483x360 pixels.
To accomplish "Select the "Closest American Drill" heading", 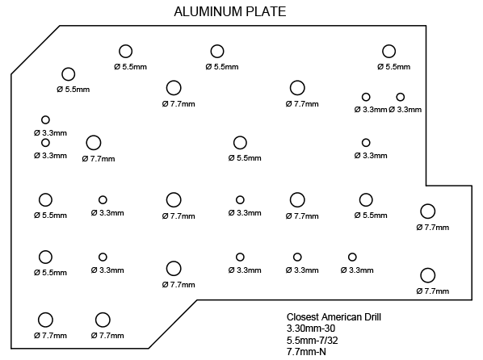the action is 334,317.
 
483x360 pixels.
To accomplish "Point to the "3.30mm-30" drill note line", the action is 311,329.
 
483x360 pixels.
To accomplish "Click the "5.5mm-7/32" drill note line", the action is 312,341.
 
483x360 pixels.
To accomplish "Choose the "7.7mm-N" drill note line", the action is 306,352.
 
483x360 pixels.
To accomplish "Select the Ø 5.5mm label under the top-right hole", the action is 393,67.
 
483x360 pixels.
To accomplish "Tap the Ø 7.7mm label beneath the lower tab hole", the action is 432,291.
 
